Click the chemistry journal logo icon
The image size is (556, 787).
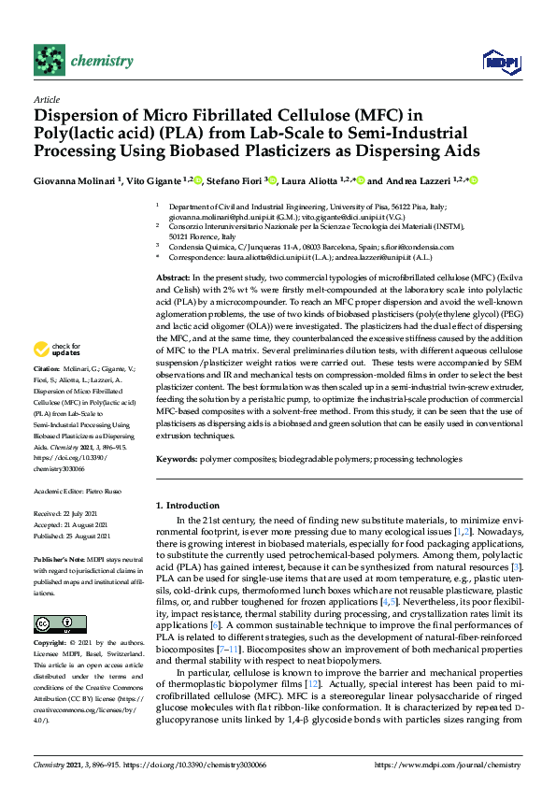point(49,60)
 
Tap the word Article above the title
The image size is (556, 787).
point(46,98)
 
